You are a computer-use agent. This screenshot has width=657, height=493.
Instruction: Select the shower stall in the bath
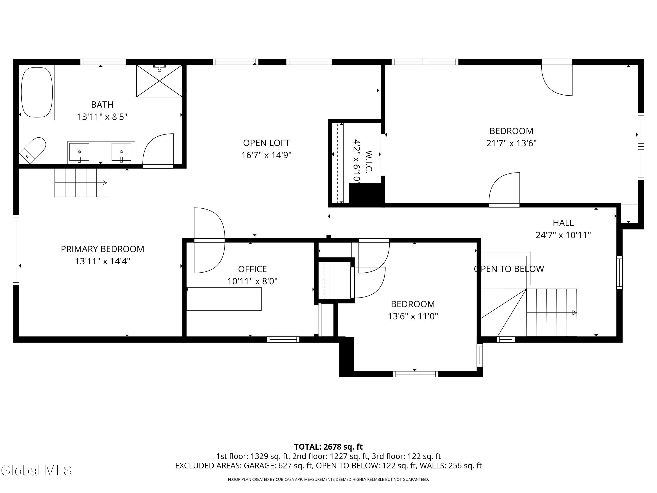tap(159, 81)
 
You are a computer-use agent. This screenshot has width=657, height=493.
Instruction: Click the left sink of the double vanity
tap(79, 152)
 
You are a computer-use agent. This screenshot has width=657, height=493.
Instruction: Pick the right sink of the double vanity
tap(121, 152)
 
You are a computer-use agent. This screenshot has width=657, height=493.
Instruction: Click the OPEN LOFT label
tap(267, 143)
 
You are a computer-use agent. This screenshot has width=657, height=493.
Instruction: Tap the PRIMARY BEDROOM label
tap(102, 249)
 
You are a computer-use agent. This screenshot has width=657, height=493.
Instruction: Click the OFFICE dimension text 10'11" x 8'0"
tap(253, 281)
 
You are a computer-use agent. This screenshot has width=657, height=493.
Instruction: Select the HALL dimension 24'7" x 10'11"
tap(563, 235)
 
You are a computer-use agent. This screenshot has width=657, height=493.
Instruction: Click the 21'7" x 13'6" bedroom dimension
tap(511, 143)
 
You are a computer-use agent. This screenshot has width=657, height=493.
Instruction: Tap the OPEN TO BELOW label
tap(509, 269)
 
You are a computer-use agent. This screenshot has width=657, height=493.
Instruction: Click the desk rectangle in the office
tap(224, 299)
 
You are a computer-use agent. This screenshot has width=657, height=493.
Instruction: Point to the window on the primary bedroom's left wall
tap(16, 250)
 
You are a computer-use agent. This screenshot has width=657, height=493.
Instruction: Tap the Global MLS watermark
tap(36, 470)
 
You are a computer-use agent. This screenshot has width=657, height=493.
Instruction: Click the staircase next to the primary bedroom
tap(81, 183)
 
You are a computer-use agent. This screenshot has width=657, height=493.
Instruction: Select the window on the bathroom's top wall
tap(103, 62)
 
